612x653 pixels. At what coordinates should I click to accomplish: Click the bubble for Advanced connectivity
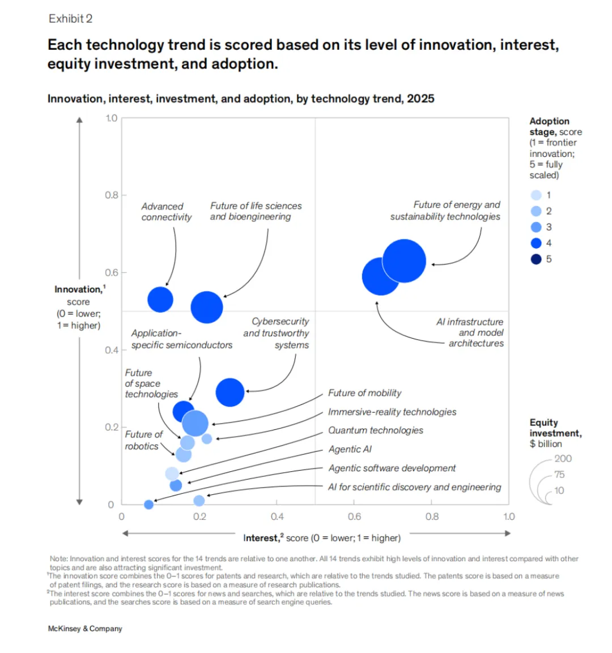(x=160, y=300)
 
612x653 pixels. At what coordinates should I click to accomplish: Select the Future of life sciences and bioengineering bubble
(x=207, y=308)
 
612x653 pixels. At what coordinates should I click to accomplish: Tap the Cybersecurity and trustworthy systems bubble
(x=230, y=392)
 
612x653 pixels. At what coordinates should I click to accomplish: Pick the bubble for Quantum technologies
(x=172, y=473)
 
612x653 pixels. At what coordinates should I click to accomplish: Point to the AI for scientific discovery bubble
(x=199, y=501)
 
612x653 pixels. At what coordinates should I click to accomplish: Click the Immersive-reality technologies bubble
(x=207, y=438)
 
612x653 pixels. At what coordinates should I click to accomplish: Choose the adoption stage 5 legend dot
(x=536, y=259)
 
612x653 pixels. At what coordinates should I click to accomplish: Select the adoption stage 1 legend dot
(x=536, y=195)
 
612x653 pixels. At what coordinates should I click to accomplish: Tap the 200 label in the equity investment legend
(x=563, y=459)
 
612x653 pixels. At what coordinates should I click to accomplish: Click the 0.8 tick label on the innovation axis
(x=111, y=195)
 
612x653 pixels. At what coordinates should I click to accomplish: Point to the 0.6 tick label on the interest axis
(x=355, y=517)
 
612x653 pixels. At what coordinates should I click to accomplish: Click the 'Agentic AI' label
(x=350, y=449)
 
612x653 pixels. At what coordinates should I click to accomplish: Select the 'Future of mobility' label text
(x=364, y=392)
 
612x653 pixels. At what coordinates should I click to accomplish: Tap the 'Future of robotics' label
(x=143, y=440)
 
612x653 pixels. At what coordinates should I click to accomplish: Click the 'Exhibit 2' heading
(x=70, y=19)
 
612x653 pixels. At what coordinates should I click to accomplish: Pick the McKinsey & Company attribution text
(x=85, y=629)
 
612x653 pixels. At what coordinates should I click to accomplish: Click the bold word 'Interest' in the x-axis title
(x=260, y=538)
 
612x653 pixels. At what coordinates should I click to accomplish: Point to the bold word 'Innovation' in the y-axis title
(x=78, y=289)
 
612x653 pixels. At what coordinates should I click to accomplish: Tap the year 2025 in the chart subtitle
(x=421, y=99)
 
